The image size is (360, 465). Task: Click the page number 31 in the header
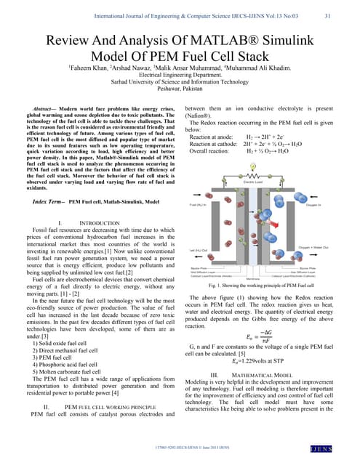(327, 15)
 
